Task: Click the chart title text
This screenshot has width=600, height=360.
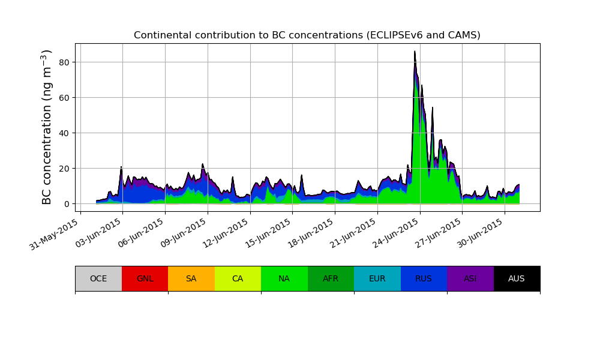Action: point(307,35)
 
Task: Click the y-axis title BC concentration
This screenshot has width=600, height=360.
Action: point(47,127)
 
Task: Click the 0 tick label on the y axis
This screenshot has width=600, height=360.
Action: point(67,204)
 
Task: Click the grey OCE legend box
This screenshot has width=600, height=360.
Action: point(98,278)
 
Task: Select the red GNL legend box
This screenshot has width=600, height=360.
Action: point(145,278)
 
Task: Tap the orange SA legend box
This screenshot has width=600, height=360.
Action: point(191,278)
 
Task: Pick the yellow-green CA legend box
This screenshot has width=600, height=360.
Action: point(238,278)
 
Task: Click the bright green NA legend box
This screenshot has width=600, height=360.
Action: point(284,278)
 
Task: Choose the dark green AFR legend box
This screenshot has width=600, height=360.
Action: point(331,278)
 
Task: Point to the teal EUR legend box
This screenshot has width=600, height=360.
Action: point(377,278)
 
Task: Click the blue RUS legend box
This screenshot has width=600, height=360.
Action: point(424,278)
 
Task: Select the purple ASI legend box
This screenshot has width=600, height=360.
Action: point(470,278)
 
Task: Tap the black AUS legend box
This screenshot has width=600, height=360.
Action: point(517,278)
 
